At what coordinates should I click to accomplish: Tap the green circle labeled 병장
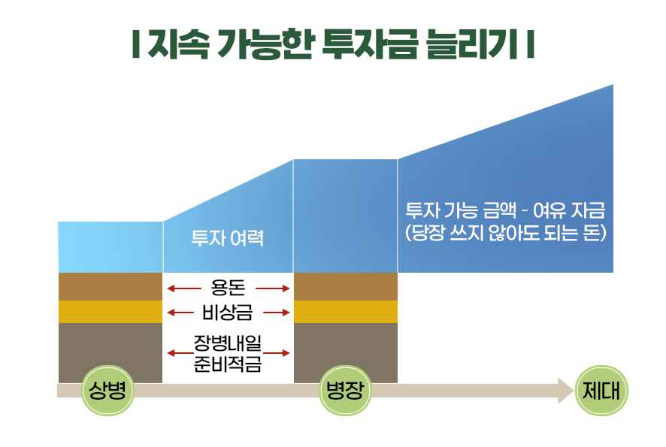click(345, 391)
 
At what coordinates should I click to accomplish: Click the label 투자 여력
click(228, 240)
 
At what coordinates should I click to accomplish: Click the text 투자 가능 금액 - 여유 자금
click(505, 210)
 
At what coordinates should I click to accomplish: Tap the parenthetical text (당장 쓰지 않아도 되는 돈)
click(505, 233)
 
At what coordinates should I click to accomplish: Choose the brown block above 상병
click(110, 286)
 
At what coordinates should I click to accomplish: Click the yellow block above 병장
click(345, 312)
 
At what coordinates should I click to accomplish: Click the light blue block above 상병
click(110, 247)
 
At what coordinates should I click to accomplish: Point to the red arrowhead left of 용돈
click(171, 288)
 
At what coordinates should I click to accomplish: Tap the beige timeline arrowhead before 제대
click(565, 391)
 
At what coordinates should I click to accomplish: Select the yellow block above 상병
click(110, 312)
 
